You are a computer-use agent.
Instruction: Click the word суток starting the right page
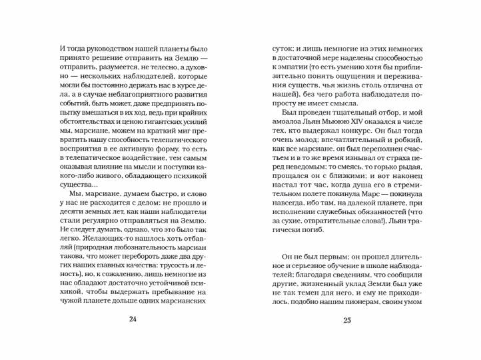280,50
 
